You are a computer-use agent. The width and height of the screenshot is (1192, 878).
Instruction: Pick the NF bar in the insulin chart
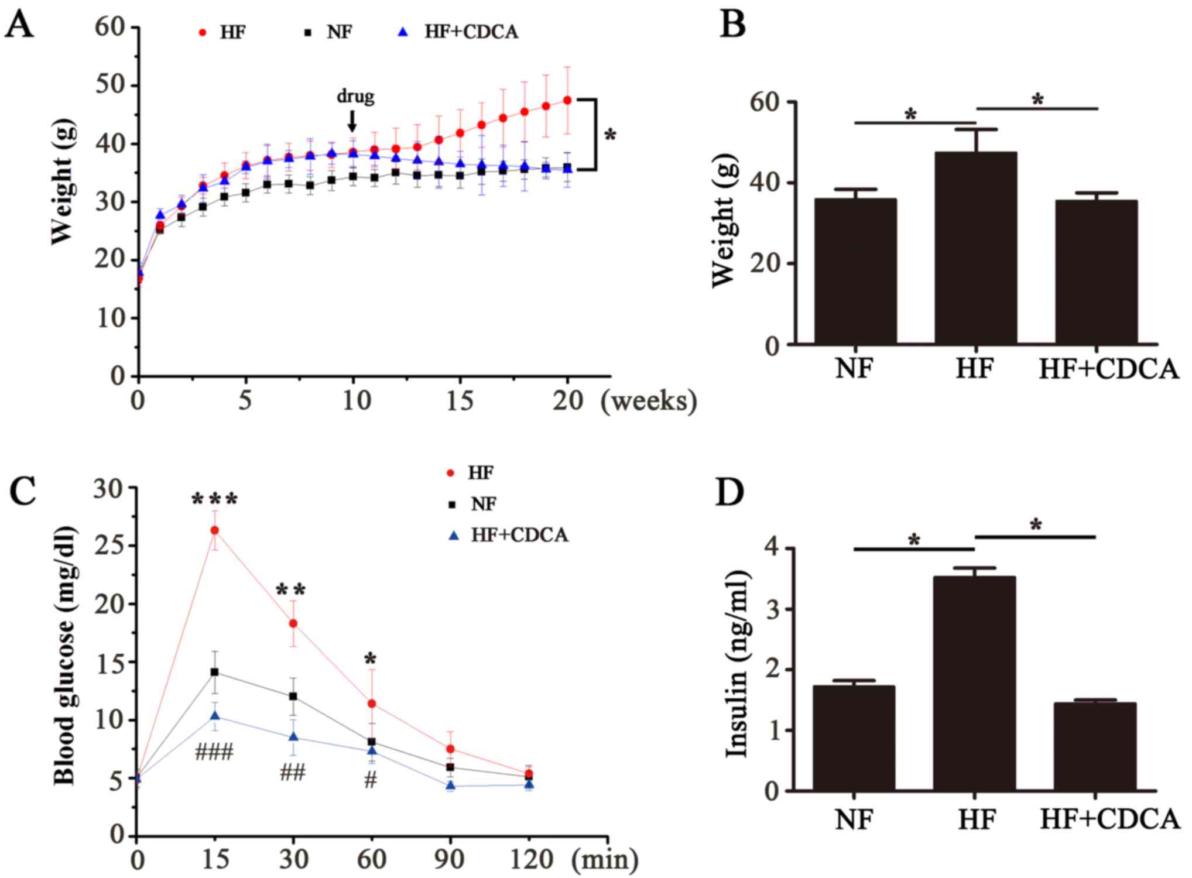854,738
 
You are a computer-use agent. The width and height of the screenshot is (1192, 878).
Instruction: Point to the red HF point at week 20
567,100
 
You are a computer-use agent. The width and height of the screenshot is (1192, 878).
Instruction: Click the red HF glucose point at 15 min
215,530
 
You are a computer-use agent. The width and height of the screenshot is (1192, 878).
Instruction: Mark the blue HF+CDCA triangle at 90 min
451,786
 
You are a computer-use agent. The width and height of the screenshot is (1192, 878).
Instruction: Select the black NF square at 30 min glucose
293,696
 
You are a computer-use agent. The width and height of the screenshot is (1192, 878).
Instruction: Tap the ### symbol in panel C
214,752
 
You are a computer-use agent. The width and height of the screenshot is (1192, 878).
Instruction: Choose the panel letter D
730,493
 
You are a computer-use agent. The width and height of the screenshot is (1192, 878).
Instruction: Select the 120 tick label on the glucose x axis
529,859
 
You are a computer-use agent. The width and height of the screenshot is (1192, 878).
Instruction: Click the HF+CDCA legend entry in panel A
459,32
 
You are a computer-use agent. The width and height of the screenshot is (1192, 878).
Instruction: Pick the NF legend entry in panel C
474,503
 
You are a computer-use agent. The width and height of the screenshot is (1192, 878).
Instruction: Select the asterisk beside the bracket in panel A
610,136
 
